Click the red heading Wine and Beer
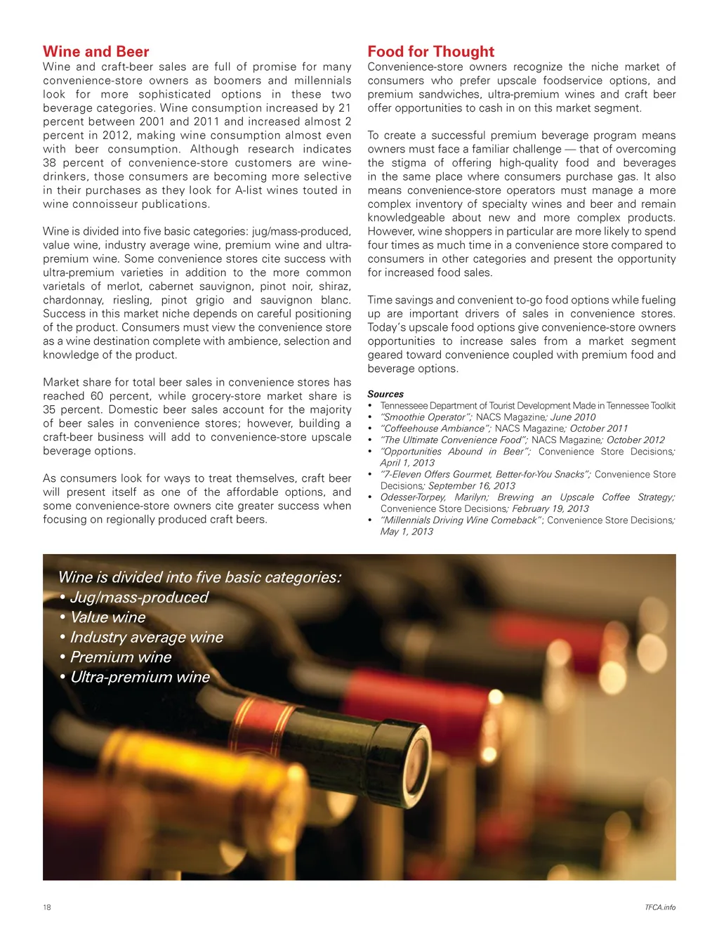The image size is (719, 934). pyautogui.click(x=96, y=51)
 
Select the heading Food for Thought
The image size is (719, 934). pyautogui.click(x=430, y=51)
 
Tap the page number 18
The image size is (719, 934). pyautogui.click(x=47, y=907)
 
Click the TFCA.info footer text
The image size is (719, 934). pyautogui.click(x=660, y=907)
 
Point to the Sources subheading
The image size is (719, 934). pyautogui.click(x=385, y=394)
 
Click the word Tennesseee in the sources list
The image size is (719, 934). pyautogui.click(x=403, y=405)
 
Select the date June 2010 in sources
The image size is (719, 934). pyautogui.click(x=573, y=417)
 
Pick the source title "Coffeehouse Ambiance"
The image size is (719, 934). pyautogui.click(x=435, y=428)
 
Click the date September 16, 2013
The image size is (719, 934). pyautogui.click(x=472, y=486)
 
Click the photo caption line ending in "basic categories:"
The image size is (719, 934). pyautogui.click(x=200, y=577)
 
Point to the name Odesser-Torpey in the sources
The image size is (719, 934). pyautogui.click(x=413, y=497)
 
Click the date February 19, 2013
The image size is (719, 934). pyautogui.click(x=550, y=508)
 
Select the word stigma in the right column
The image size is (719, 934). pyautogui.click(x=409, y=163)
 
